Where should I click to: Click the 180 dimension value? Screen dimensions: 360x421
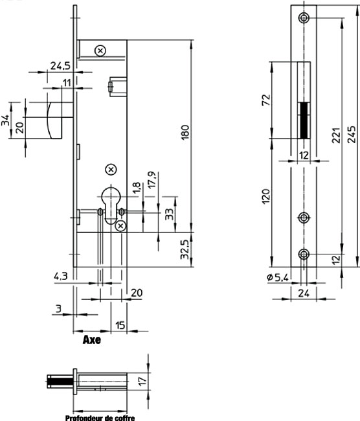click(185, 132)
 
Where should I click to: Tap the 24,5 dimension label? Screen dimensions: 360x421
click(60, 65)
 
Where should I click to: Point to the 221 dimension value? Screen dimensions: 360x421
click(337, 135)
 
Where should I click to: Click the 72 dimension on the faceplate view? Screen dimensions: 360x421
click(265, 100)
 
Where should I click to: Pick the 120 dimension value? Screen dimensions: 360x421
click(265, 196)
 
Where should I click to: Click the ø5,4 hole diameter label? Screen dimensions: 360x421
click(278, 277)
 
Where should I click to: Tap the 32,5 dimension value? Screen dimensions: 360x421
click(185, 250)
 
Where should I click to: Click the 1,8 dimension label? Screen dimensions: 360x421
click(137, 188)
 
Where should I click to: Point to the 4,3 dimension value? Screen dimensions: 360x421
click(61, 277)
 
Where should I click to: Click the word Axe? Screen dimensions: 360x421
click(92, 339)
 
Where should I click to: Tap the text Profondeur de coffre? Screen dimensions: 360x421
click(100, 418)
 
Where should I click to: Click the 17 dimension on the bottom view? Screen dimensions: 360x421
click(142, 381)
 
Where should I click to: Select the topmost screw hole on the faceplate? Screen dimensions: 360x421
click(304, 18)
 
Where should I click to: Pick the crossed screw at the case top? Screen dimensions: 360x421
click(100, 51)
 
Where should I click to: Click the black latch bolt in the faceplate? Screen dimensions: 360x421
click(304, 120)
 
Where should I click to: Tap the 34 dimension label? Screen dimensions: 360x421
click(5, 120)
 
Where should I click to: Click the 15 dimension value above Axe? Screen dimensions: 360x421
click(120, 325)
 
